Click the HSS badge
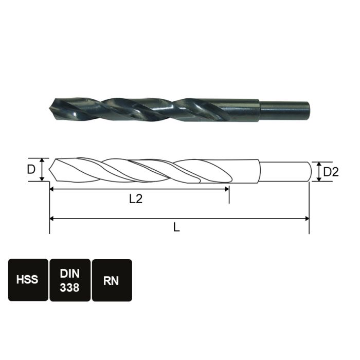coord(28,280)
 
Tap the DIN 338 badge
coord(69,280)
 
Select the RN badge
coord(111,280)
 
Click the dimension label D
coord(31,169)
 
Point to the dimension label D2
coord(331,172)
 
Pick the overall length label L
coord(176,228)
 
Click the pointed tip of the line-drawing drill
coord(51,170)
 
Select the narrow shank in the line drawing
coord(285,172)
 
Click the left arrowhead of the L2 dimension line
coord(52,189)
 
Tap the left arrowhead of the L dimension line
coord(52,219)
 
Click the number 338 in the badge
coord(69,287)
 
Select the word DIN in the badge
coord(69,274)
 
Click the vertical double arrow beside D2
coord(319,172)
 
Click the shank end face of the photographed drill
coord(310,107)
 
